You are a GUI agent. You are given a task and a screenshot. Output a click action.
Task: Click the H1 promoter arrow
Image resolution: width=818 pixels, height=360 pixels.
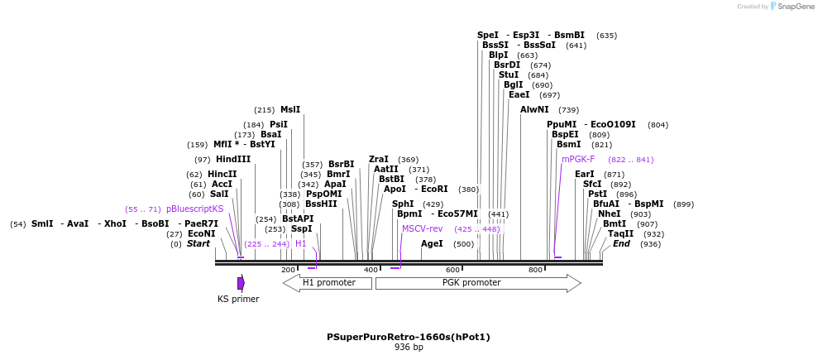[328, 283]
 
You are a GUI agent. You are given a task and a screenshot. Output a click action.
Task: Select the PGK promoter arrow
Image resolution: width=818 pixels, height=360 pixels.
[478, 283]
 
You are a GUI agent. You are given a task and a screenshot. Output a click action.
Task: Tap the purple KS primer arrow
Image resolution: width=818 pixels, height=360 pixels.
[241, 283]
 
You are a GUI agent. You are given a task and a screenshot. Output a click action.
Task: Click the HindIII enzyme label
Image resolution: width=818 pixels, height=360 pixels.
[233, 160]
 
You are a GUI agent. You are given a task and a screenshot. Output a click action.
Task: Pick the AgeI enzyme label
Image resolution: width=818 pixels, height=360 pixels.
[432, 244]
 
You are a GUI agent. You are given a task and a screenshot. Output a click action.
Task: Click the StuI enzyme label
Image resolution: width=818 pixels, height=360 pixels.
[509, 75]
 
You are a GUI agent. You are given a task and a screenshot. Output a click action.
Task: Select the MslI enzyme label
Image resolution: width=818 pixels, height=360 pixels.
[290, 110]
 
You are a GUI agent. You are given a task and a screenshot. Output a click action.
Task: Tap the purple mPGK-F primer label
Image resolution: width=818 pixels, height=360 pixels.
[578, 160]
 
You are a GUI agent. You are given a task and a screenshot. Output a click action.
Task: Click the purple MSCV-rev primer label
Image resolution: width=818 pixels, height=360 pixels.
[423, 229]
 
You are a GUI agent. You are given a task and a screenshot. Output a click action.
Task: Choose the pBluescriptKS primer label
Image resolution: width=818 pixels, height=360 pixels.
[195, 209]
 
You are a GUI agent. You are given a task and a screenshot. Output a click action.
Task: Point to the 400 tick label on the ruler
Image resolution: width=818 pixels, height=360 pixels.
[371, 270]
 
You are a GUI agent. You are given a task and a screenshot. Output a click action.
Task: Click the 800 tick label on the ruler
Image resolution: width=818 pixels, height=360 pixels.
[536, 270]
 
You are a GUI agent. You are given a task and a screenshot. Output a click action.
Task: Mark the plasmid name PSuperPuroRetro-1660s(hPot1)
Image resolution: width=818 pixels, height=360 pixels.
[409, 337]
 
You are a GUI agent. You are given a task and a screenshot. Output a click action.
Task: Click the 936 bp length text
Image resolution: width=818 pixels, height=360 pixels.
[409, 348]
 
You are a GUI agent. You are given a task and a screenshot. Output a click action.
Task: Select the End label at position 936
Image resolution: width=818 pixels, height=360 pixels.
[621, 244]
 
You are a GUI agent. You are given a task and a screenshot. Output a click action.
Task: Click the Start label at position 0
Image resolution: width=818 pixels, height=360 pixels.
[199, 244]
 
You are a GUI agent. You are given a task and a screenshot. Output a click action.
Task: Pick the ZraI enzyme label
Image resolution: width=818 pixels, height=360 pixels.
[379, 160]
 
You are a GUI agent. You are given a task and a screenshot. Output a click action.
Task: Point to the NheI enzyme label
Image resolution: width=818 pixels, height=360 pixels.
[610, 214]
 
